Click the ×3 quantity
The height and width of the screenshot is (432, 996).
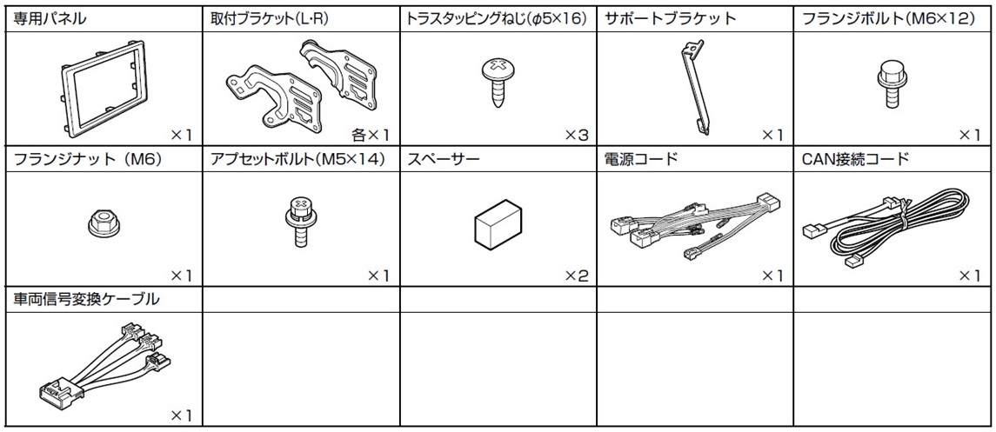(577, 135)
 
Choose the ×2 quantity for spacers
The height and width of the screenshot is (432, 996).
(577, 276)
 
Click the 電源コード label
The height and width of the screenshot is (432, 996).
(641, 160)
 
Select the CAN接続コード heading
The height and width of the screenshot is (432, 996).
(856, 160)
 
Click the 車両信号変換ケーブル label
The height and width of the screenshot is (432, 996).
(87, 299)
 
